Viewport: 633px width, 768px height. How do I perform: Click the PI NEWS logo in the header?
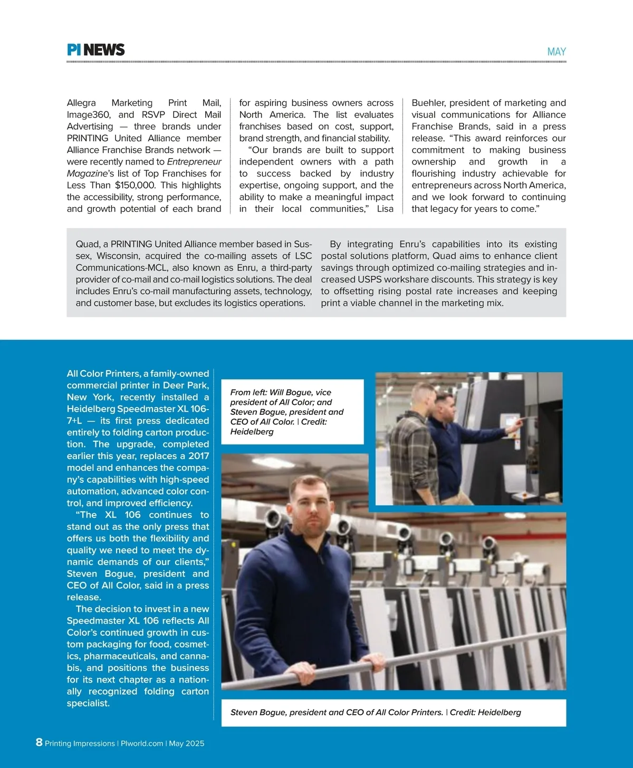pyautogui.click(x=95, y=50)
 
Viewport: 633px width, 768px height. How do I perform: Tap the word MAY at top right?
pyautogui.click(x=557, y=52)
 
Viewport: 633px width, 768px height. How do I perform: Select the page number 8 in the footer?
pyautogui.click(x=39, y=742)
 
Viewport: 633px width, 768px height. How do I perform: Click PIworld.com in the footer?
pyautogui.click(x=142, y=743)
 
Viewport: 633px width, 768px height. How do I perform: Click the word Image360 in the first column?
pyautogui.click(x=88, y=114)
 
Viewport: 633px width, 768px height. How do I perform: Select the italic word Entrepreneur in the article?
pyautogui.click(x=194, y=162)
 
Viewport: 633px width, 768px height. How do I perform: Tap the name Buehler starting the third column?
pyautogui.click(x=428, y=103)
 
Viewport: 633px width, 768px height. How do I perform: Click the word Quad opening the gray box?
pyautogui.click(x=88, y=244)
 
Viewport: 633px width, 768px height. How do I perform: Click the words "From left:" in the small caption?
pyautogui.click(x=248, y=392)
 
